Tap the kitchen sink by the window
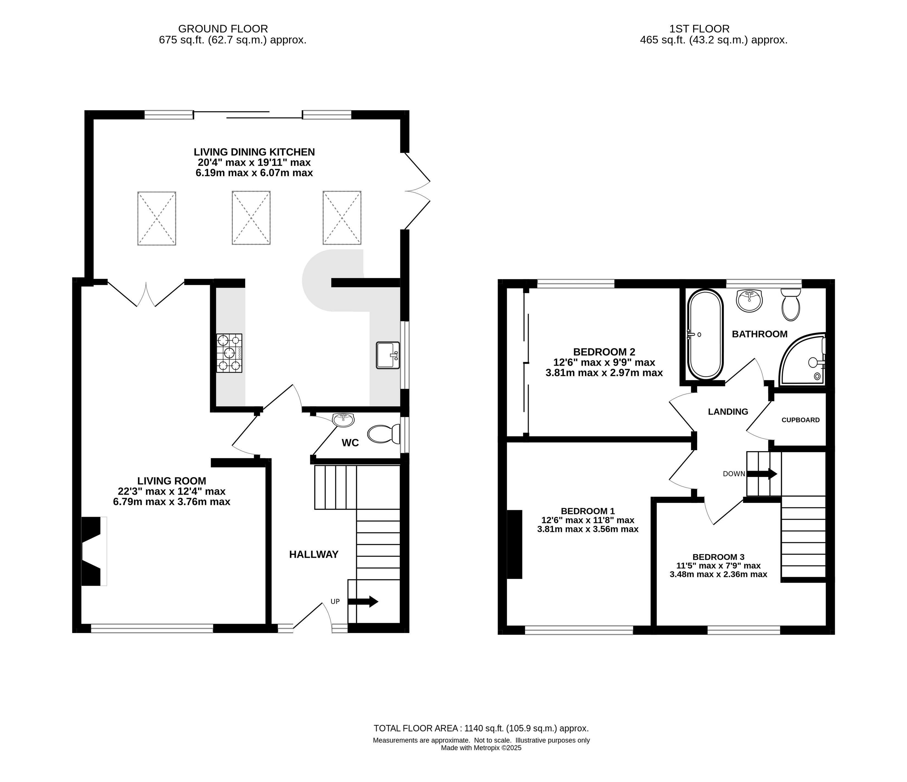[x=388, y=355]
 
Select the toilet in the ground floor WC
[x=384, y=434]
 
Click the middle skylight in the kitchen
[x=251, y=218]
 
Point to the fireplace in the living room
[x=94, y=551]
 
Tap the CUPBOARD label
[x=801, y=420]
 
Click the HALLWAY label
[x=314, y=555]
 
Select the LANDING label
[x=728, y=412]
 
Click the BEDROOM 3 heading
[x=718, y=557]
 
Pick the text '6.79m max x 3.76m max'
[x=172, y=502]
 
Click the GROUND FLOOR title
[x=223, y=29]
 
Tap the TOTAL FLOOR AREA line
[x=481, y=728]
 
